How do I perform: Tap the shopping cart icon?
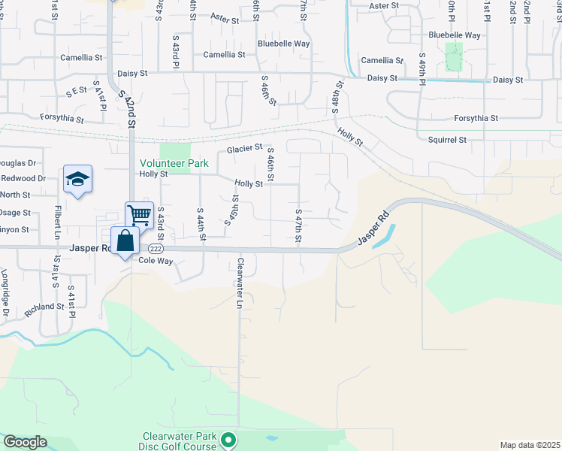(140, 216)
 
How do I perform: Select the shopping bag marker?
(125, 242)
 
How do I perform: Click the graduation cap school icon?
(77, 179)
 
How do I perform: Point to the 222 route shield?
(156, 248)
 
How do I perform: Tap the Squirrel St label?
(447, 140)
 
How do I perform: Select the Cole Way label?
(156, 261)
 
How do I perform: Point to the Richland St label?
(44, 307)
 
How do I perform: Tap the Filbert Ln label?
(57, 223)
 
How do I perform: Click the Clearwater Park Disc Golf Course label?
(180, 441)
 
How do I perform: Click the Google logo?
(25, 442)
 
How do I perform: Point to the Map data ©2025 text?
(530, 445)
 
